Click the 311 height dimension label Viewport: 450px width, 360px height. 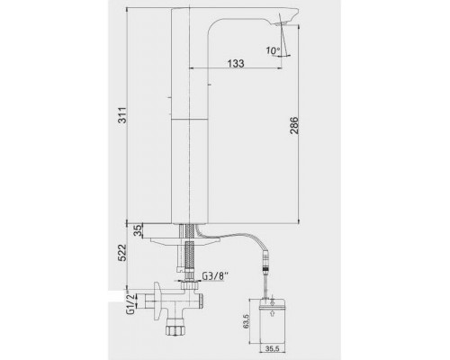pos(122,115)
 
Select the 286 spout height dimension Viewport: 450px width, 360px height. pos(294,125)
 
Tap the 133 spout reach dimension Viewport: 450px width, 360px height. pos(236,63)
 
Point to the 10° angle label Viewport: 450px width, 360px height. pos(273,50)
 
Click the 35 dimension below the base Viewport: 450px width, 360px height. pos(138,231)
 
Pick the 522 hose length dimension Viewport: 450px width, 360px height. pos(122,253)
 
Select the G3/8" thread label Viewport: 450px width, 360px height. pos(215,276)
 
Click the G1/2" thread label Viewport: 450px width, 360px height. pos(130,302)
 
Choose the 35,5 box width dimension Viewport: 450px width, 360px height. pos(272,348)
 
